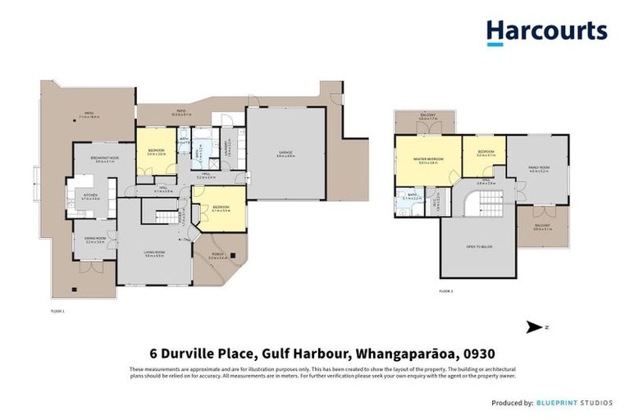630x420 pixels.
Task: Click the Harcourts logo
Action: click(546, 32)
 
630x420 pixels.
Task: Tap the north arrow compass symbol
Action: click(534, 327)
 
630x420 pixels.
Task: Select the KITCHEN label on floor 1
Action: click(90, 196)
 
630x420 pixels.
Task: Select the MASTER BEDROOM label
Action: click(428, 160)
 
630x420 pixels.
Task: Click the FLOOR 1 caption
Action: click(58, 311)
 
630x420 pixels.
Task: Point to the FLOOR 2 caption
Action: click(445, 291)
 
